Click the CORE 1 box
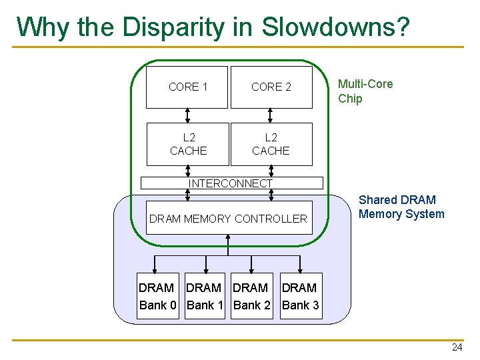187,87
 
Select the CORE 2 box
271,87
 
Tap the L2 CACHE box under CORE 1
187,144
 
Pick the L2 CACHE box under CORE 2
271,144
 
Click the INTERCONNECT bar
230,183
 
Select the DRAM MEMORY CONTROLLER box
228,218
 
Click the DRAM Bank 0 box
157,297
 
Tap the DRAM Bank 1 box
205,297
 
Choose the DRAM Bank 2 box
251,297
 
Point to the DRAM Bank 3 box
300,297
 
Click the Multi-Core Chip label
365,91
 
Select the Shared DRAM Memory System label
401,207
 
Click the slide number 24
457,347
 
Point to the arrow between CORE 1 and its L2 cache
188,115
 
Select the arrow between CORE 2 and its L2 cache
271,115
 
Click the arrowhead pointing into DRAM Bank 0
155,269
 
